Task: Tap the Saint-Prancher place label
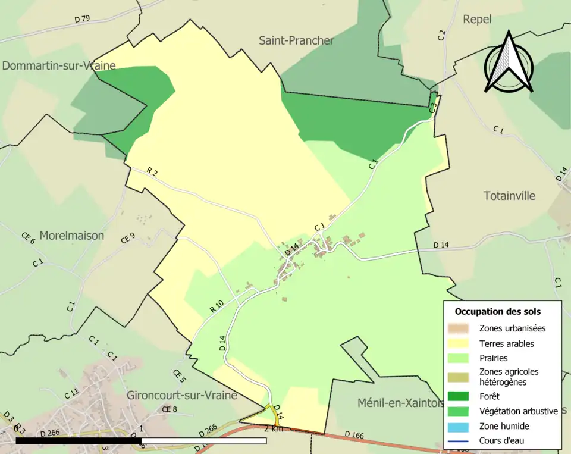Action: tap(296, 40)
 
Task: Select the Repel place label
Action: tap(477, 20)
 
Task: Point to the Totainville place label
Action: tap(509, 196)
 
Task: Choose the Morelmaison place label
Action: tap(71, 236)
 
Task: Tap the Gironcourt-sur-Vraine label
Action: tap(182, 395)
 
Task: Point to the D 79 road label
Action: tap(82, 19)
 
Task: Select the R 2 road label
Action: tap(152, 172)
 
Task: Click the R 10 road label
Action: tap(217, 306)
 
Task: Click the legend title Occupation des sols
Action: tap(498, 311)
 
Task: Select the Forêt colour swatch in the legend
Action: tap(459, 396)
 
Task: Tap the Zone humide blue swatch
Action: tap(459, 426)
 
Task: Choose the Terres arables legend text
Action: tap(506, 343)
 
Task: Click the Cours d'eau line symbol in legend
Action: tap(459, 441)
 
